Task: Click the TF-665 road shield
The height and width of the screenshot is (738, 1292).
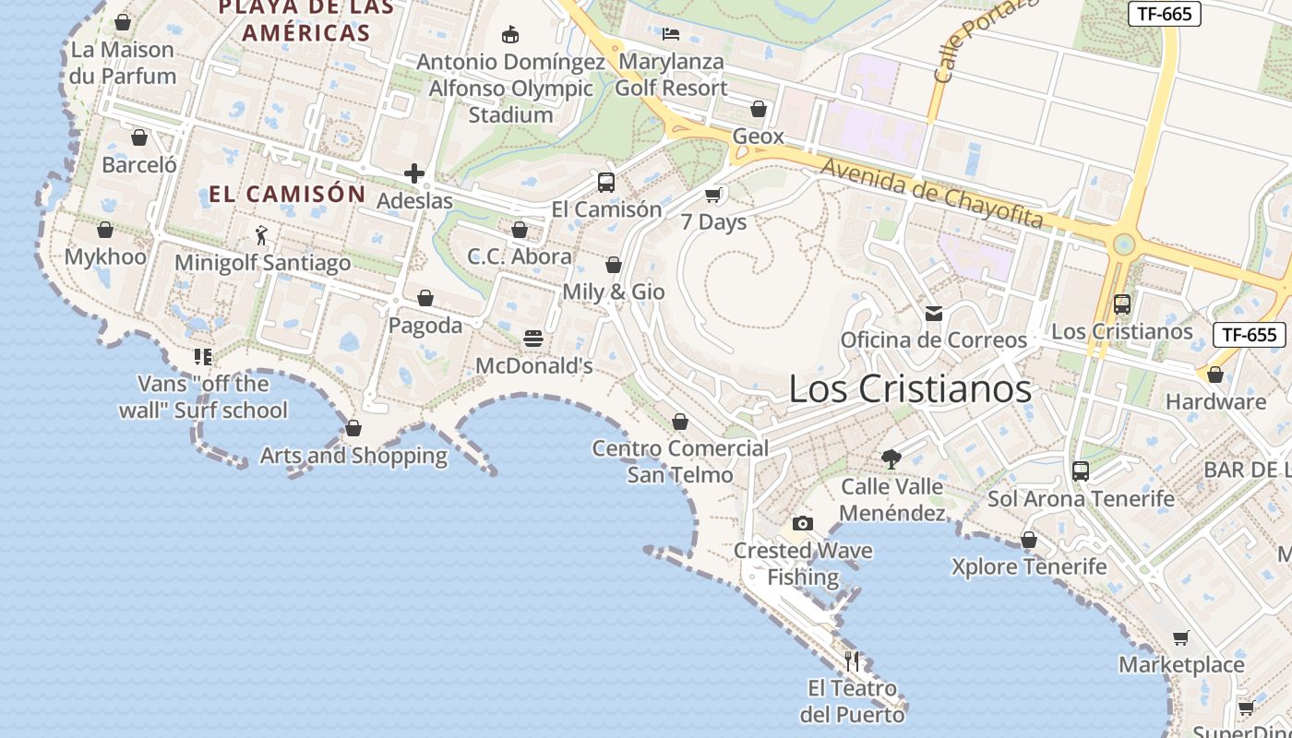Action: [1165, 13]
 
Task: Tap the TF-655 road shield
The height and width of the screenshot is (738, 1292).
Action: [1249, 334]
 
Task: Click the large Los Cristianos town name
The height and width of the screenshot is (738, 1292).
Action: [910, 388]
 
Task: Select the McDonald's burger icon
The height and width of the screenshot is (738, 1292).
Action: [533, 339]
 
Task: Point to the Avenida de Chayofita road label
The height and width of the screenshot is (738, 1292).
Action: [932, 193]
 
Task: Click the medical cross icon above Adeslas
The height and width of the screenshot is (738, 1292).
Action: [414, 173]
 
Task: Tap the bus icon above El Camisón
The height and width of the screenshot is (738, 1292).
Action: [606, 182]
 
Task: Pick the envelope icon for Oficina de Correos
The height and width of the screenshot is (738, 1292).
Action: [934, 314]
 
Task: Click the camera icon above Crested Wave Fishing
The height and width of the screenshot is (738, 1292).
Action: [803, 523]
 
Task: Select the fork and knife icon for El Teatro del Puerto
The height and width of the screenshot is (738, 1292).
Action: [852, 661]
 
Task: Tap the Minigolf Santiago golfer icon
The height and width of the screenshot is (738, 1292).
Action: [262, 235]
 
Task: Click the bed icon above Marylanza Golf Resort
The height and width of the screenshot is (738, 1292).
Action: [671, 34]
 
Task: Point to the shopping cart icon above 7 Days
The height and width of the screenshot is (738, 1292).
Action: [712, 195]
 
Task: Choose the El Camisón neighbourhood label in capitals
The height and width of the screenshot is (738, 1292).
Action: [288, 194]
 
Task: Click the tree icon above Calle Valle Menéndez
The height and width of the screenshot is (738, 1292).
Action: [891, 458]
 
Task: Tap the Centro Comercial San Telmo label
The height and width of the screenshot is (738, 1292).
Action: [680, 461]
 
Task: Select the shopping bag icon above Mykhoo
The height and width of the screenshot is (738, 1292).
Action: [105, 230]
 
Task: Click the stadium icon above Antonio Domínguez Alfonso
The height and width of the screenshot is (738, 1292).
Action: [509, 35]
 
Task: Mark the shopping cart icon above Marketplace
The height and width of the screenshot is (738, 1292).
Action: [1180, 637]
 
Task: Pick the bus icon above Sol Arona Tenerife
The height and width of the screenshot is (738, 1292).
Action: [1081, 470]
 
